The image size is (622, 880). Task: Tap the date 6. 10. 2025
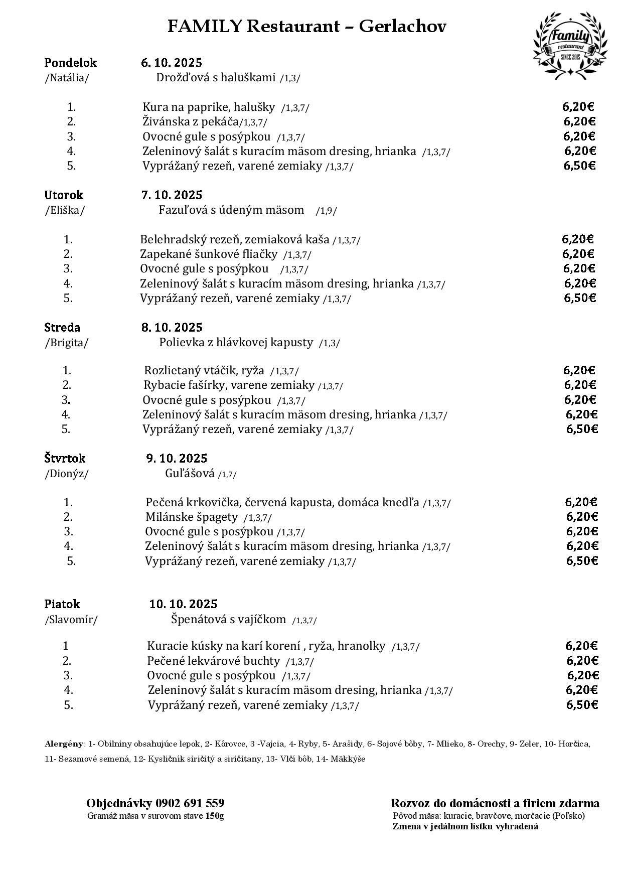click(172, 63)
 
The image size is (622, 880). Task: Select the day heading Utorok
click(64, 195)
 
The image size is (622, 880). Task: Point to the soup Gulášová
click(190, 473)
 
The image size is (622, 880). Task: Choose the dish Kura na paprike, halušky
click(209, 107)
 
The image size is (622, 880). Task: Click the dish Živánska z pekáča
click(191, 121)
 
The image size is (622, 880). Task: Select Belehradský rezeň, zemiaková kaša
click(235, 239)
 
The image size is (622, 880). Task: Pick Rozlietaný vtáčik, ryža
click(204, 371)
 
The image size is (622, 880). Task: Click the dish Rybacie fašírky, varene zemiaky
click(229, 385)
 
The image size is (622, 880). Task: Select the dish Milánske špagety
click(192, 517)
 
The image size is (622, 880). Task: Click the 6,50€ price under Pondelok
click(579, 166)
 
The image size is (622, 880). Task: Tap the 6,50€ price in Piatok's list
click(582, 704)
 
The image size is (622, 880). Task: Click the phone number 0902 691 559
click(190, 803)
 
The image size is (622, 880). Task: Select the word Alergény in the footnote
click(64, 744)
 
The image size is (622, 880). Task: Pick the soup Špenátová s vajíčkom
click(228, 619)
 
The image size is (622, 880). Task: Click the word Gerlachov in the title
click(402, 26)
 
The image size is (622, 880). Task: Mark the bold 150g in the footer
click(215, 816)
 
